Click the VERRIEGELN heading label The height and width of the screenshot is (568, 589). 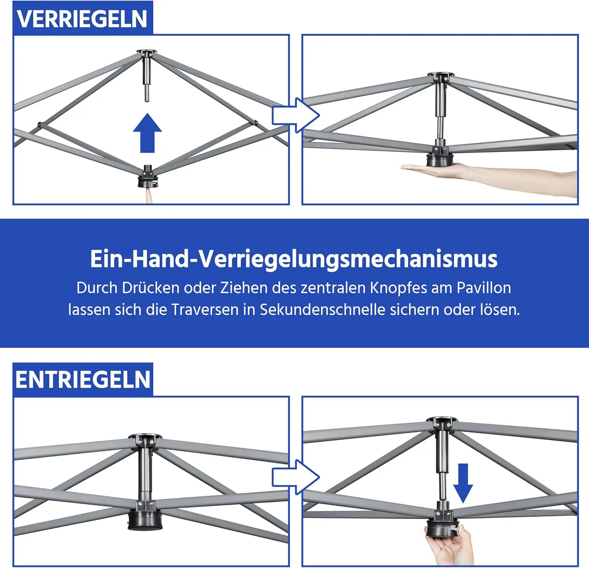pos(82,19)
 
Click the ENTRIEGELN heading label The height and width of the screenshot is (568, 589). pos(83,380)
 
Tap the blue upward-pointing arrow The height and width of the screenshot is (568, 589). pos(147,133)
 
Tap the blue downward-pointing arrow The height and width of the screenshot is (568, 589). pos(463,483)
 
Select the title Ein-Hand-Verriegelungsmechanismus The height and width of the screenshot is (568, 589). pos(294,259)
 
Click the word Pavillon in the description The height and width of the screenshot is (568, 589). pos(484,288)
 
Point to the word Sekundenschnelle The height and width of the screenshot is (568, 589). pos(323,310)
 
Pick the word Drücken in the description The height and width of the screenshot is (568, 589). pos(151,288)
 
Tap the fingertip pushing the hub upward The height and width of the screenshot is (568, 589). pos(149,195)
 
